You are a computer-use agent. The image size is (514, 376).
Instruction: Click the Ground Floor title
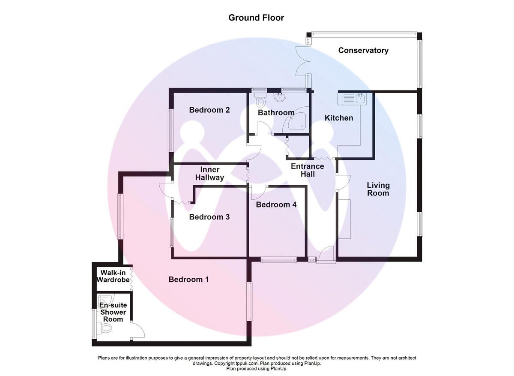256,18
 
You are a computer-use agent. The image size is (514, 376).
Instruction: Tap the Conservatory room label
363,50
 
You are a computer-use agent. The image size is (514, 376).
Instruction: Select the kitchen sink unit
352,99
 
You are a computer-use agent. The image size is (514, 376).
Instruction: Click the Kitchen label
339,118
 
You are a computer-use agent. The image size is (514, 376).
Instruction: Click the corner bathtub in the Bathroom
296,119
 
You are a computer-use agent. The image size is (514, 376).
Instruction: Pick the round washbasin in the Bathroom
280,97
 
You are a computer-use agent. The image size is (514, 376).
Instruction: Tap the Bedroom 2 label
209,110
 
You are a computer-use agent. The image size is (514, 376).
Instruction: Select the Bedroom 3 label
209,217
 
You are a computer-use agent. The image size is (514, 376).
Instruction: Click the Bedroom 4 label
276,205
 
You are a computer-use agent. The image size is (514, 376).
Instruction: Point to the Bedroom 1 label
189,280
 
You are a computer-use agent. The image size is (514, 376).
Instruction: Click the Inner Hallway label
209,174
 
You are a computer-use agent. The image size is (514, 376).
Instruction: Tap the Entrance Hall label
308,170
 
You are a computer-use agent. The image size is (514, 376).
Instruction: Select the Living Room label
378,189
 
